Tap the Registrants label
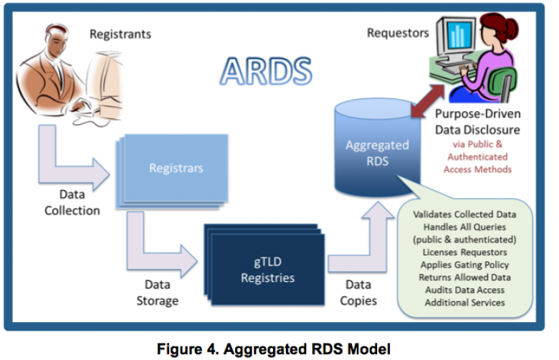point(119,33)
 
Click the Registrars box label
point(176,169)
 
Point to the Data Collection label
point(72,203)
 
